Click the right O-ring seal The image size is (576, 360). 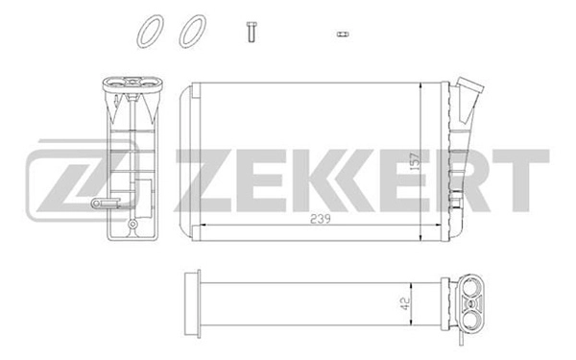coord(191,30)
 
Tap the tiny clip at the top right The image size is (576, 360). coord(341,34)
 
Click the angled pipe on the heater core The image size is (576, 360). coord(469,96)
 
